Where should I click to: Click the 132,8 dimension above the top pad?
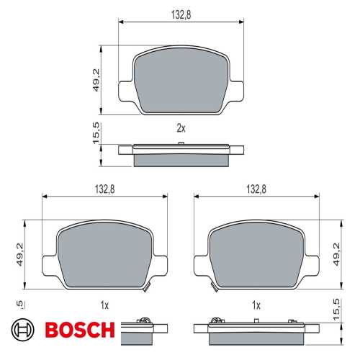click(x=181, y=14)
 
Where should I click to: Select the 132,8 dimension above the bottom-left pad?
click(x=105, y=189)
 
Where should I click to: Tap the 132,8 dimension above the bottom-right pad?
click(x=256, y=189)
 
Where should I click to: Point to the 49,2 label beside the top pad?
click(x=96, y=80)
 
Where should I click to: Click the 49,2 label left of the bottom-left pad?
click(x=19, y=254)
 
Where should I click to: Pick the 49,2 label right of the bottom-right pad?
click(x=337, y=254)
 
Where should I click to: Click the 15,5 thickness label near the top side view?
click(x=96, y=133)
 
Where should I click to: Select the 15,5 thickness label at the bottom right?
click(x=337, y=310)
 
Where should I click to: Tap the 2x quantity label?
click(x=181, y=128)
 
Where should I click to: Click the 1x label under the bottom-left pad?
click(x=104, y=305)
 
